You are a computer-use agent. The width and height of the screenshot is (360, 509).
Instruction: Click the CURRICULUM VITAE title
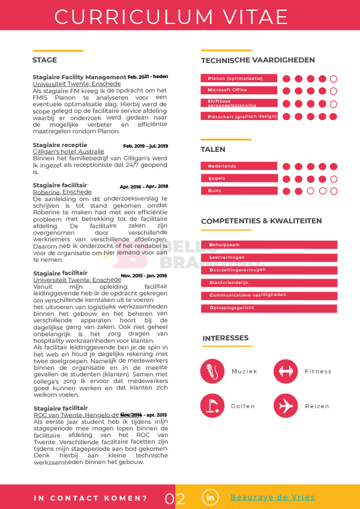coord(172,17)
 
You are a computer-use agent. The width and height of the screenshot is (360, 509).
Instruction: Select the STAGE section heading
coord(45,60)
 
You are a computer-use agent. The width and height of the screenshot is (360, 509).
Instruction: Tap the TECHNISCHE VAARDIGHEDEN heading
coord(258,60)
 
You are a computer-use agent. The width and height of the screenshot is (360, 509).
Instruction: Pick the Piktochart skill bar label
coord(239,116)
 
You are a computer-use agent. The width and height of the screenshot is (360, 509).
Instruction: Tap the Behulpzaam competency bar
coord(269,245)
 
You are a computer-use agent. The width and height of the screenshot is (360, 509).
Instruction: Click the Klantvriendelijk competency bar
coord(269,283)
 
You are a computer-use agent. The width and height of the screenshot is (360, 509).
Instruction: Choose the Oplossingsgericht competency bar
coord(269,308)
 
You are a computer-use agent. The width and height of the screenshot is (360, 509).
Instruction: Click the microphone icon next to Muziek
coord(212,371)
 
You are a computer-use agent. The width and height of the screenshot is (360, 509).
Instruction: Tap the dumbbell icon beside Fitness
coord(285,371)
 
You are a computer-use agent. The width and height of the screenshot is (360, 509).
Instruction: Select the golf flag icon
coord(212,405)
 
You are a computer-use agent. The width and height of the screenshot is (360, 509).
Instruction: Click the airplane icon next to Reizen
coord(285,405)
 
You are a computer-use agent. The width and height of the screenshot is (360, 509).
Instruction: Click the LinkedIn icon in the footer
coord(210,498)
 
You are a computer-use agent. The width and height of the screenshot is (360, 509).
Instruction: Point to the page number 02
coord(175,499)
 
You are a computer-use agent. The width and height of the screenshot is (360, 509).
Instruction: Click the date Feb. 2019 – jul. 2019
coord(146,146)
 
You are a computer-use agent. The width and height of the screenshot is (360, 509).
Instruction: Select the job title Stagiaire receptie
coord(60,145)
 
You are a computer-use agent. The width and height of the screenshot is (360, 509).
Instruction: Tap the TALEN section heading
coord(213,149)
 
